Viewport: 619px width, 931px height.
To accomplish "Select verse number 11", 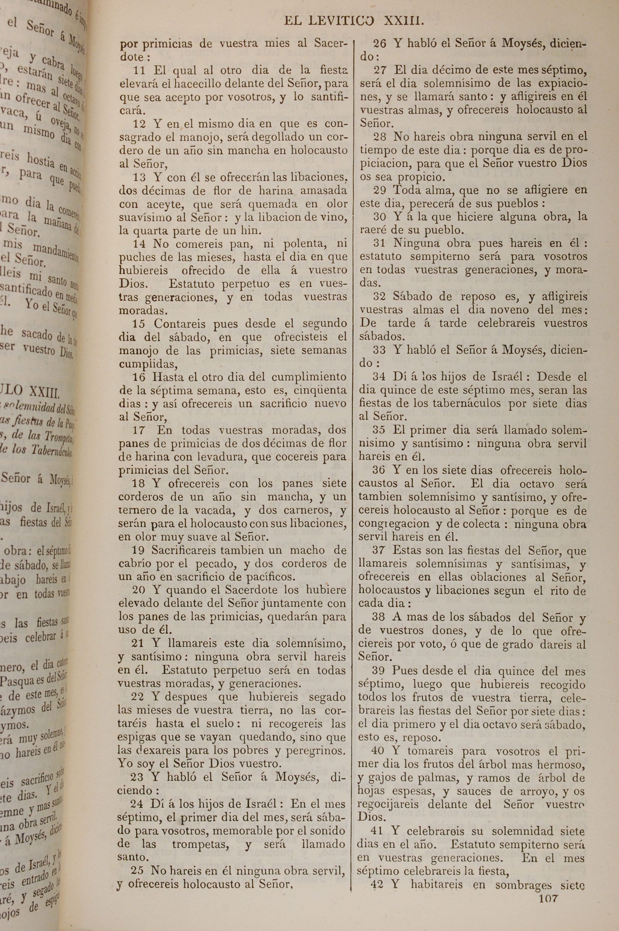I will click(139, 71).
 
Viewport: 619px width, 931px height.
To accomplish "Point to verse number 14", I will click(139, 244).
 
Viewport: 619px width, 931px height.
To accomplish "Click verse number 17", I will click(138, 430).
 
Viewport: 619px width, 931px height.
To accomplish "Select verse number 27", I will click(380, 70).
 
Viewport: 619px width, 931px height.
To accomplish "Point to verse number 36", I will click(379, 470).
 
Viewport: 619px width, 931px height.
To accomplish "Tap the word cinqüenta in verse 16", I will click(321, 390).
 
